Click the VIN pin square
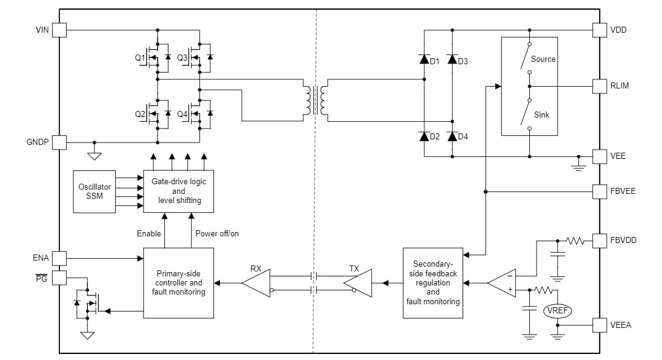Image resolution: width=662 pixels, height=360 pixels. pyautogui.click(x=59, y=30)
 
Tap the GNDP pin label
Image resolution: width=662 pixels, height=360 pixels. pyautogui.click(x=38, y=142)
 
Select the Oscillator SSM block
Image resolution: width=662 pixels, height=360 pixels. pyautogui.click(x=94, y=191)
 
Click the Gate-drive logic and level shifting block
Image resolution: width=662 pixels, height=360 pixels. pyautogui.click(x=178, y=191)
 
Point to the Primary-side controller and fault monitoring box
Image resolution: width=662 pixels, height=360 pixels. pyautogui.click(x=178, y=282)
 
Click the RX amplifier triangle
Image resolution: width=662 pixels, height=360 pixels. pyautogui.click(x=255, y=282)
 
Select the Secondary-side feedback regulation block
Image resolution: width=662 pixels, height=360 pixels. pyautogui.click(x=433, y=282)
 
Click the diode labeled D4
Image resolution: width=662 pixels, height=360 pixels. pyautogui.click(x=452, y=136)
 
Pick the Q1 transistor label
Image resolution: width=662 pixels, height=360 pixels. pyautogui.click(x=140, y=58)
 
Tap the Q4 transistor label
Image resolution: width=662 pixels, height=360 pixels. pyautogui.click(x=182, y=114)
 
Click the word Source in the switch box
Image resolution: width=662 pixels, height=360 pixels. pyautogui.click(x=543, y=59)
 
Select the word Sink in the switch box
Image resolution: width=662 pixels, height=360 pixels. pyautogui.click(x=541, y=114)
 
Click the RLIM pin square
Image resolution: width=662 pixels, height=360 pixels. pyautogui.click(x=599, y=86)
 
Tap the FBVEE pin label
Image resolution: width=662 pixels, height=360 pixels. pyautogui.click(x=623, y=192)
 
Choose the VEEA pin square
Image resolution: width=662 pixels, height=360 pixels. pyautogui.click(x=599, y=325)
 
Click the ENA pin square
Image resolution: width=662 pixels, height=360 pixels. pyautogui.click(x=59, y=258)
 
